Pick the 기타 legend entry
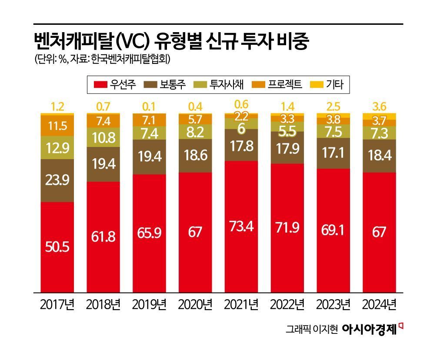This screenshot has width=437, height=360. click(x=334, y=84)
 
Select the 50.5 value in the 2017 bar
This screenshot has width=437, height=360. click(x=57, y=247)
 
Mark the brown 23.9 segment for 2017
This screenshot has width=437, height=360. click(x=57, y=180)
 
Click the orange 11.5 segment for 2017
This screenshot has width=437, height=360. click(x=57, y=126)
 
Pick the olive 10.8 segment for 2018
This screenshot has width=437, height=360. click(x=103, y=137)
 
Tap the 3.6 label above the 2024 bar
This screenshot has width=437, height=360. click(x=379, y=107)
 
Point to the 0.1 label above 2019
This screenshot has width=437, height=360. click(x=150, y=107)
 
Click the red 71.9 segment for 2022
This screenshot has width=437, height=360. click(x=287, y=228)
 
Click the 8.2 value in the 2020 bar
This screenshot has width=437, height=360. click(x=195, y=131)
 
